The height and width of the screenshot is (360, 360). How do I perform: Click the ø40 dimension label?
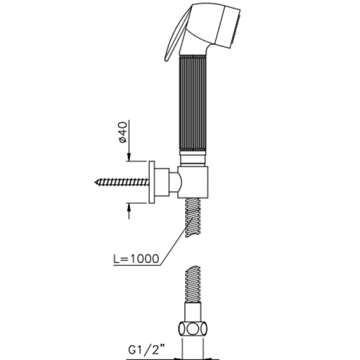(x=124, y=132)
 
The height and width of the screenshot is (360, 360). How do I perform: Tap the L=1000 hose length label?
(x=136, y=258)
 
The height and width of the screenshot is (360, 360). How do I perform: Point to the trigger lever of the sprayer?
(x=174, y=34)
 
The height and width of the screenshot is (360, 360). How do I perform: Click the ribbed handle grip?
(x=193, y=104)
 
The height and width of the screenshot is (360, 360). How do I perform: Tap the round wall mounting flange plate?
(x=152, y=182)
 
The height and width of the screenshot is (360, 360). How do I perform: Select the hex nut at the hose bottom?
(x=193, y=330)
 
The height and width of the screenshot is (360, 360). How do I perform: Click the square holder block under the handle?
(x=193, y=182)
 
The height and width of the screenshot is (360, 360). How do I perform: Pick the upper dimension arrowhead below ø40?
(x=129, y=158)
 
